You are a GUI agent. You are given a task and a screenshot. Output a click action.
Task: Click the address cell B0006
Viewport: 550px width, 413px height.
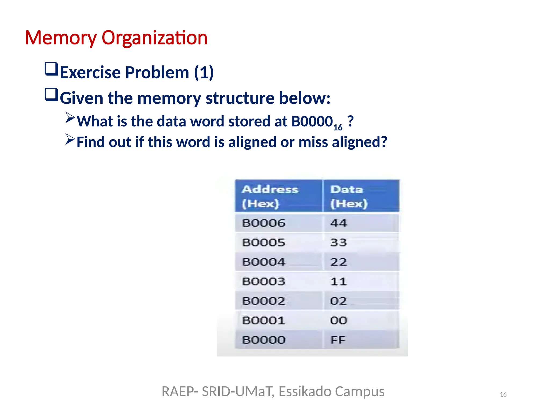[263, 223]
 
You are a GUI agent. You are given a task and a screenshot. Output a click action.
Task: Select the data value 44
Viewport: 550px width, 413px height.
[338, 223]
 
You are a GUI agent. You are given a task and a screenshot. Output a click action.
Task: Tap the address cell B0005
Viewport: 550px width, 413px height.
[263, 243]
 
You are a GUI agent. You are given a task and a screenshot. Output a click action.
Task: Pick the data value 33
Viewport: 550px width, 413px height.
[338, 243]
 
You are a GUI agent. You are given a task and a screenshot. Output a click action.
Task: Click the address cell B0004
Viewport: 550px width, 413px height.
[263, 262]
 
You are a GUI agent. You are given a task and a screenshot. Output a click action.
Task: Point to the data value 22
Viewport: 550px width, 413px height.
[338, 262]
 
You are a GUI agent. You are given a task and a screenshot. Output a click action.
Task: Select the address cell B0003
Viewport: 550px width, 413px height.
[263, 282]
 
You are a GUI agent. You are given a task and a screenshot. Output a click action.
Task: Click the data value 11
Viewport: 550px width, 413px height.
[338, 282]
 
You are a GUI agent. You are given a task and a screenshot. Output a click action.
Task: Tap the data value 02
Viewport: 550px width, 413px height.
[338, 301]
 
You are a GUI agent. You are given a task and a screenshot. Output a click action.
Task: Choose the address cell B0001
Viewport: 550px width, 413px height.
[263, 321]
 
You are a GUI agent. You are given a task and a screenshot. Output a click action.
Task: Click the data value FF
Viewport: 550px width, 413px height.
[338, 340]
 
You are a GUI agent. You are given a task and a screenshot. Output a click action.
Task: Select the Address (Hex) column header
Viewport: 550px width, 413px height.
[270, 197]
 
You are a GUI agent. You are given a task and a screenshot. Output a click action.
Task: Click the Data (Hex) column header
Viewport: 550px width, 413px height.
[348, 197]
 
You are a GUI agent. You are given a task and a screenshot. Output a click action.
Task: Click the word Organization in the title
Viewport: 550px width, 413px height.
[154, 38]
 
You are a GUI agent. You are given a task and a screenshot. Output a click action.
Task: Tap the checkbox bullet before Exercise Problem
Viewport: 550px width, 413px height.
[51, 69]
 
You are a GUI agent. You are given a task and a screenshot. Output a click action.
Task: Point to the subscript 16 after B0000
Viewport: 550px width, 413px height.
[338, 127]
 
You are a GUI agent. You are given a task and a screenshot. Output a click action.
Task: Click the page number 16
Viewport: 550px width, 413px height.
[503, 394]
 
